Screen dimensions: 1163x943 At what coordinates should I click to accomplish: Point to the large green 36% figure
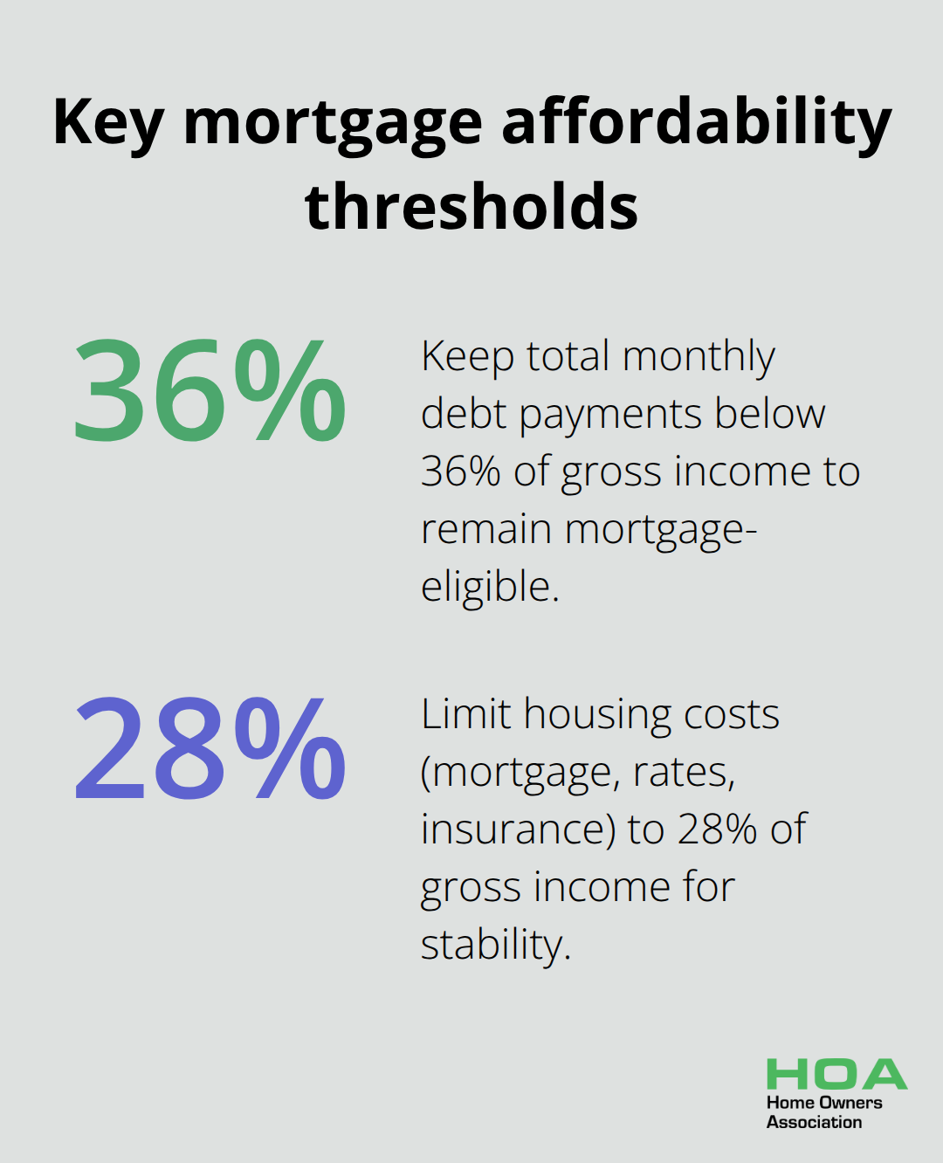point(210,391)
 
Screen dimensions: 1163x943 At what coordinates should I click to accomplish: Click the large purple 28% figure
point(210,749)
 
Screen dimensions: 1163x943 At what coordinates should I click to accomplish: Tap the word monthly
point(699,358)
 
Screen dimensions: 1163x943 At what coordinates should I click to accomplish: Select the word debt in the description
point(462,414)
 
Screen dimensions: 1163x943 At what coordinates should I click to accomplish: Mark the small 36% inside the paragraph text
point(460,471)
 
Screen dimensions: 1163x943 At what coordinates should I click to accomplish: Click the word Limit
point(465,714)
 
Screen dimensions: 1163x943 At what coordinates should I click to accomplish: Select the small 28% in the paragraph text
point(716,829)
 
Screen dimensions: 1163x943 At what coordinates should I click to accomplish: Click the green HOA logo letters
point(836,1075)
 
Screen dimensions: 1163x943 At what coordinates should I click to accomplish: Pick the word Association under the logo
point(814,1122)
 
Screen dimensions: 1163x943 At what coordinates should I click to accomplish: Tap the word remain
point(486,530)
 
